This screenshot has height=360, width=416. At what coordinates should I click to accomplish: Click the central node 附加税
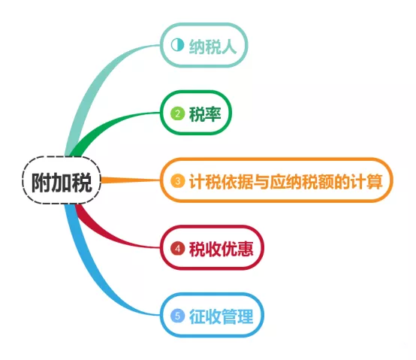[x=62, y=180]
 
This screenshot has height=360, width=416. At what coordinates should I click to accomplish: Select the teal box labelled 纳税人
[x=203, y=45]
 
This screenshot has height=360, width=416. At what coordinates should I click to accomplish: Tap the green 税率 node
[x=196, y=113]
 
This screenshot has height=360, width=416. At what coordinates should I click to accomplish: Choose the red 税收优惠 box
[x=212, y=248]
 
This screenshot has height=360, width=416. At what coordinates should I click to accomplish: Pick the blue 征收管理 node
[x=212, y=315]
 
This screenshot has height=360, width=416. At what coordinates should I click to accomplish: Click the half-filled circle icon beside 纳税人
[x=177, y=45]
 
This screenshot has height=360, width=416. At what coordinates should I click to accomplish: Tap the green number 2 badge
[x=177, y=113]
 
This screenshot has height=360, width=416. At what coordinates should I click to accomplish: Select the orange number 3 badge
[x=177, y=181]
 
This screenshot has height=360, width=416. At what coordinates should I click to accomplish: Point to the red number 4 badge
[x=177, y=249]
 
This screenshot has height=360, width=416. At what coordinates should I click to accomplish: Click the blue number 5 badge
[x=177, y=316]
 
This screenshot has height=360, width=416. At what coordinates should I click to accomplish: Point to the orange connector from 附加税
[x=131, y=180]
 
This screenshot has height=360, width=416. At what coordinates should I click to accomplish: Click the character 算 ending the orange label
[x=375, y=181]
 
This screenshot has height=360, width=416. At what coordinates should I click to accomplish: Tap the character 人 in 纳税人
[x=229, y=47]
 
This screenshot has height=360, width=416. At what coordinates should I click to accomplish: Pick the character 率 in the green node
[x=213, y=114]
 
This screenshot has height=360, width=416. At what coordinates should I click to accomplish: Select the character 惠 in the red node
[x=245, y=249]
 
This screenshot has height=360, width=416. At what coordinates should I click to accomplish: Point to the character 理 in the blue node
[x=245, y=316]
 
